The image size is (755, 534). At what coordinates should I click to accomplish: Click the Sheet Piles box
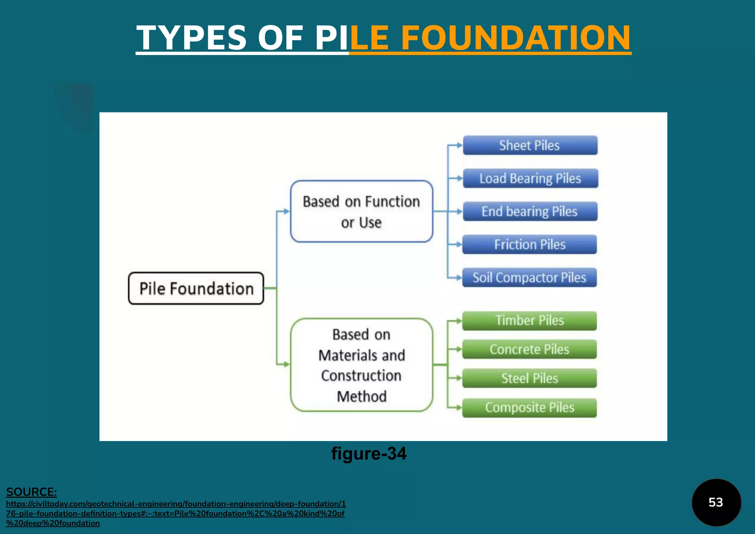point(530,145)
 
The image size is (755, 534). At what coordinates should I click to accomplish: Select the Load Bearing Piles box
point(530,178)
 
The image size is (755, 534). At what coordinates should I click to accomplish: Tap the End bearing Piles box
point(530,212)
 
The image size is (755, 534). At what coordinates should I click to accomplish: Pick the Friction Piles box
point(529,244)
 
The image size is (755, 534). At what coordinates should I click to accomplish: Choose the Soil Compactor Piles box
point(529,278)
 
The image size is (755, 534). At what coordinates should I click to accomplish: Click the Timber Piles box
point(529,321)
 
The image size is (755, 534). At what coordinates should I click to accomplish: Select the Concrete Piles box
point(529,349)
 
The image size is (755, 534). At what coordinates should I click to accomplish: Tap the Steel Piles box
point(529,378)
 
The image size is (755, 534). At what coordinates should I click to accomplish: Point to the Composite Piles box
point(529,408)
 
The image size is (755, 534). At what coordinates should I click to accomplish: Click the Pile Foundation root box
point(196,289)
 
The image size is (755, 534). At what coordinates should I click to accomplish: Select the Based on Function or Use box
point(361,212)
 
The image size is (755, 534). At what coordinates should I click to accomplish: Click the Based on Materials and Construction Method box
point(361,365)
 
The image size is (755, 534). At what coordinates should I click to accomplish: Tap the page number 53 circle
point(716,502)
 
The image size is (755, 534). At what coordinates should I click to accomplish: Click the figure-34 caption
point(369,453)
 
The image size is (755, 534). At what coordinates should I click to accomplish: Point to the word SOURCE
point(31,492)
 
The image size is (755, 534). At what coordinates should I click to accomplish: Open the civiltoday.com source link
point(175,513)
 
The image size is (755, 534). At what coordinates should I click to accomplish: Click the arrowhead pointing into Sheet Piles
point(459,145)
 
